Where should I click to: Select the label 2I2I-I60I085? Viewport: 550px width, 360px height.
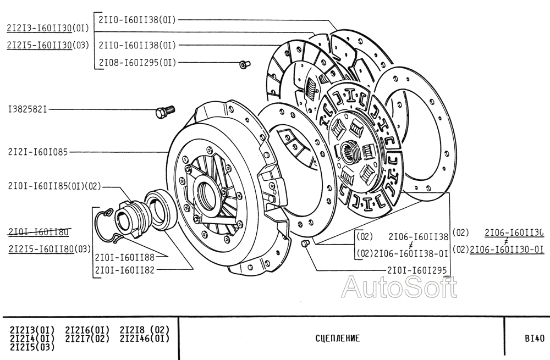coord(38,152)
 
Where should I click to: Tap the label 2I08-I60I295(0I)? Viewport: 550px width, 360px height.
coord(137,63)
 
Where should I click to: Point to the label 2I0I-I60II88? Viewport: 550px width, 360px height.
coord(124,257)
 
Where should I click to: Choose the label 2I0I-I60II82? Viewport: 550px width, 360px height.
coord(124,270)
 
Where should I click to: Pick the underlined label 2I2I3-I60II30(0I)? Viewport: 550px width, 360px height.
coord(47,29)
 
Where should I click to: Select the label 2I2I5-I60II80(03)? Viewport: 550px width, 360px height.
coord(49,249)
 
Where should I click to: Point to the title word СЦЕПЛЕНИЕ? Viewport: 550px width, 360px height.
coord(338,339)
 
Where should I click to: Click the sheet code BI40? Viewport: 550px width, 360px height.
coord(533,339)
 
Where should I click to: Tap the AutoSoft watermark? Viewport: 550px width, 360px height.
coord(400,287)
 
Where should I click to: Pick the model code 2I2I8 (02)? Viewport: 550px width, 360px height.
coord(144,330)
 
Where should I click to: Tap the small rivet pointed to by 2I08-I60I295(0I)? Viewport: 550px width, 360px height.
coord(244,65)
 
